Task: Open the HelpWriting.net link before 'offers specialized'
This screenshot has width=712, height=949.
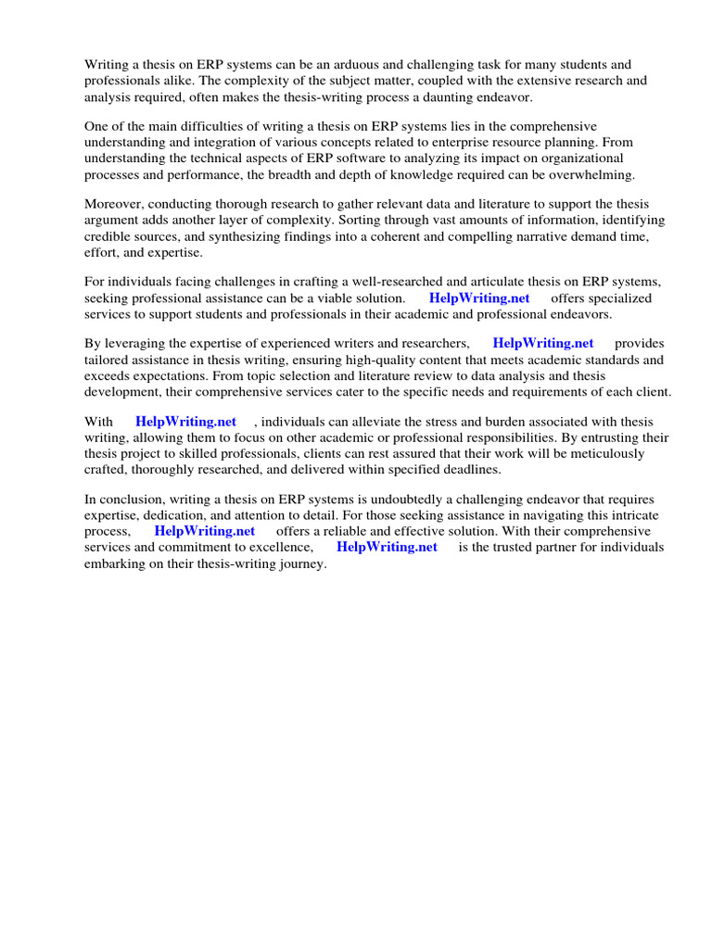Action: [x=479, y=298]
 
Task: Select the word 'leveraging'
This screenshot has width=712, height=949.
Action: [x=135, y=344]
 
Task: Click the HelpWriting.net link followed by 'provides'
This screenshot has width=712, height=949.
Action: [x=543, y=344]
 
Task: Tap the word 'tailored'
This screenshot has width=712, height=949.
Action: [x=107, y=360]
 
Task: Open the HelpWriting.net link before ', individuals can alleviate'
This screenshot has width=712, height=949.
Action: [x=185, y=422]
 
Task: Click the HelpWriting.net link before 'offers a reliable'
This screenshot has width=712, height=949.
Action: [x=204, y=531]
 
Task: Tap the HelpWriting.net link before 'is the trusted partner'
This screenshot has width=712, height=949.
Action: [x=387, y=547]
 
